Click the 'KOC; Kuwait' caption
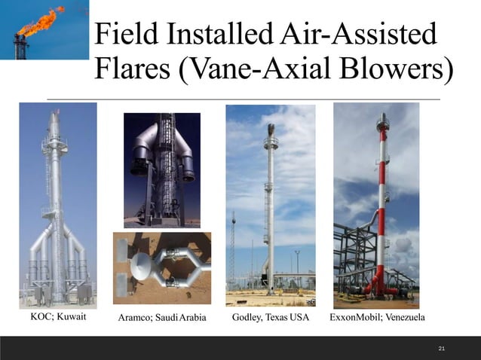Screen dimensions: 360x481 point(58,317)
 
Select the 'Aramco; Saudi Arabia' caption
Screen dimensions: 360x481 point(162,318)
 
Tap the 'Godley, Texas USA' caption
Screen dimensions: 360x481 point(271,317)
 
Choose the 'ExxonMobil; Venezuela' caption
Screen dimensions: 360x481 point(377,317)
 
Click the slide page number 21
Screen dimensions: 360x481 point(442,348)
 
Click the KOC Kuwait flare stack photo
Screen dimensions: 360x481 point(58,204)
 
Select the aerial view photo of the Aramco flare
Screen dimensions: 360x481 point(162,268)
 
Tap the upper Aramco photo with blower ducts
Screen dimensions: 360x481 point(162,169)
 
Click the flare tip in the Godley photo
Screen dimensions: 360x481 point(271,130)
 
